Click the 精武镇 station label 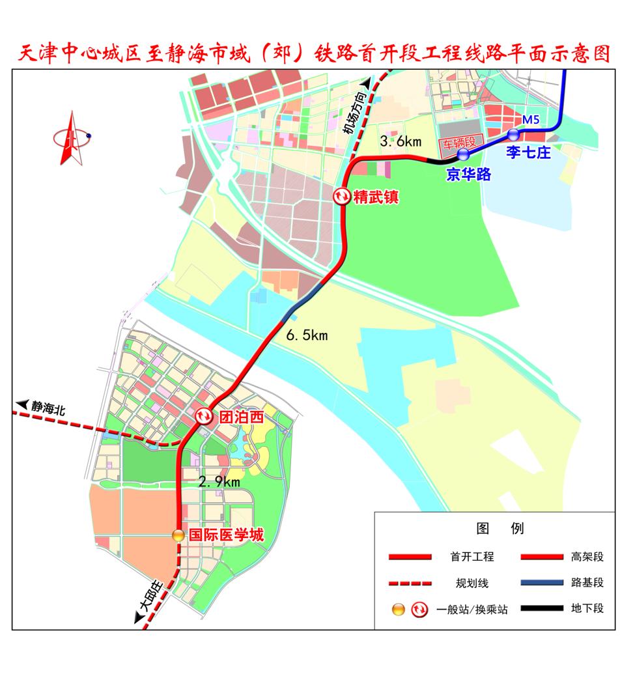click(375, 197)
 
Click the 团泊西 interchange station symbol click(204, 416)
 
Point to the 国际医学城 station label click(226, 535)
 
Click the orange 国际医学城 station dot click(178, 535)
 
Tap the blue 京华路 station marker click(463, 154)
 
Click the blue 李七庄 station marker click(513, 135)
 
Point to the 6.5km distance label click(307, 335)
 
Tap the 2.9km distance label click(220, 482)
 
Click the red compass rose click(71, 137)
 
